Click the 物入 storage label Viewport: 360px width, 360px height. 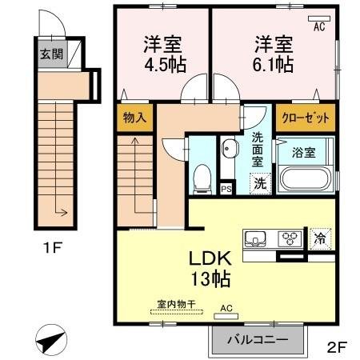(134, 118)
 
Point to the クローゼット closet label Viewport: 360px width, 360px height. (305, 118)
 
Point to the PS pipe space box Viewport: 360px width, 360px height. (226, 189)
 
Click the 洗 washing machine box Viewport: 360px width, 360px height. (261, 182)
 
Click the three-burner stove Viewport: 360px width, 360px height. (289, 238)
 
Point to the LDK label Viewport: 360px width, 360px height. (210, 260)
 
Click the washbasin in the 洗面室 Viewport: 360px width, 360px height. (230, 149)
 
